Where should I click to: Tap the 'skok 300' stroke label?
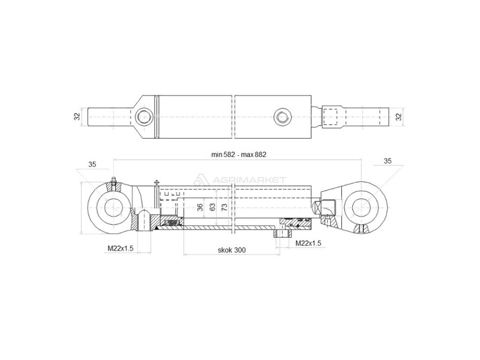[x=232, y=250]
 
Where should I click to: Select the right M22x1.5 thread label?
[x=308, y=243]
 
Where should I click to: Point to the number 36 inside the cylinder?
[x=200, y=207]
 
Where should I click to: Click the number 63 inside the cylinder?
[x=212, y=207]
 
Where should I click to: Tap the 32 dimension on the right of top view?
[x=399, y=116]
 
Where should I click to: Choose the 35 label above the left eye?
[x=92, y=164]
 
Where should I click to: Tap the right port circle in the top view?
[x=282, y=116]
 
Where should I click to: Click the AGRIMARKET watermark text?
[x=255, y=180]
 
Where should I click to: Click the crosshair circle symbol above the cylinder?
[x=156, y=181]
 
